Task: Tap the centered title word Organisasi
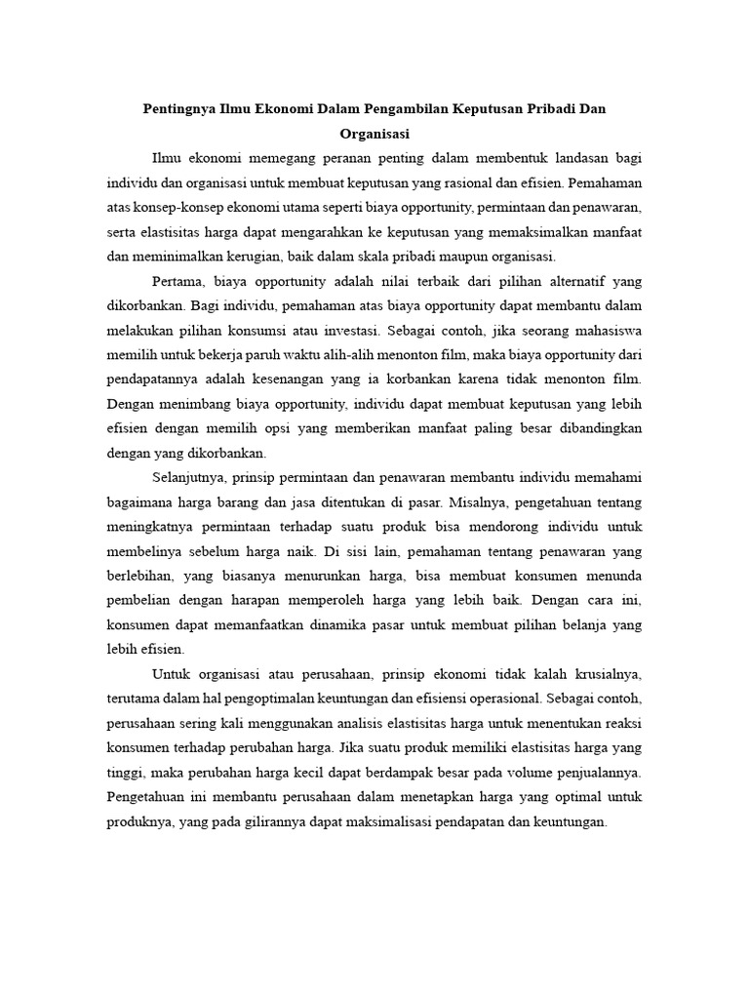pos(374,133)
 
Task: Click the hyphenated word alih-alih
pos(352,356)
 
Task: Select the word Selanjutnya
pos(189,479)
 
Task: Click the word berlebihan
pos(141,578)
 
